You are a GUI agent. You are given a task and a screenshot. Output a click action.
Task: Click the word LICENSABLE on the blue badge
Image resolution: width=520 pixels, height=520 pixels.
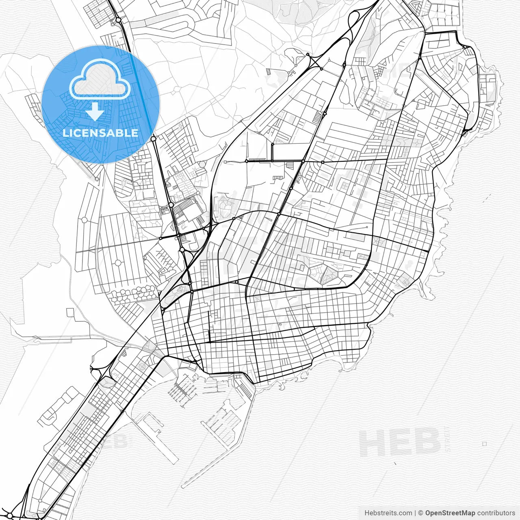(100, 133)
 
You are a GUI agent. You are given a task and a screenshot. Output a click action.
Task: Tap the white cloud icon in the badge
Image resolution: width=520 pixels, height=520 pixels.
(100, 80)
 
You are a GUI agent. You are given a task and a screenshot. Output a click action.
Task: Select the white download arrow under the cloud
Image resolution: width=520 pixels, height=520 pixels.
(95, 111)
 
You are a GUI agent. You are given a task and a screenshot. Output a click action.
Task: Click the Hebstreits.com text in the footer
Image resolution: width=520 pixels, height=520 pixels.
(388, 513)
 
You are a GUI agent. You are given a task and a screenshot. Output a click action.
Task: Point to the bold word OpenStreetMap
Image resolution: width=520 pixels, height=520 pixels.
(450, 513)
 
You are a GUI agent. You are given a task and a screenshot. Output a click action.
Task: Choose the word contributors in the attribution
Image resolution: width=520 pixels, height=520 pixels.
(496, 513)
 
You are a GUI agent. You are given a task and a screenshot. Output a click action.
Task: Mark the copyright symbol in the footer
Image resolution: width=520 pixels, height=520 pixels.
(421, 513)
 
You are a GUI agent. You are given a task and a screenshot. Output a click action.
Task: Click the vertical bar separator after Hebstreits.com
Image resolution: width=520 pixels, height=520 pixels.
(415, 513)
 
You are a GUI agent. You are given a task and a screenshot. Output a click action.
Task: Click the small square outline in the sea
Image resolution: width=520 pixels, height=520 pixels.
(484, 444)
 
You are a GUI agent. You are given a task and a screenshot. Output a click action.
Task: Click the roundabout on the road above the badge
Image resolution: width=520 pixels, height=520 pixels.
(118, 19)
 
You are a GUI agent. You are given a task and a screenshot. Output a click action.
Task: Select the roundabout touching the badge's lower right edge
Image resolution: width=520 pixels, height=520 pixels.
(153, 139)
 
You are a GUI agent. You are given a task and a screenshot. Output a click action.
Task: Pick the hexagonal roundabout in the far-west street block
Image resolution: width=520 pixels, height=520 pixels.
(84, 220)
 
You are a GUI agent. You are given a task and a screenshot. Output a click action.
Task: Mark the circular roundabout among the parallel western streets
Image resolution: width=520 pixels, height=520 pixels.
(118, 263)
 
